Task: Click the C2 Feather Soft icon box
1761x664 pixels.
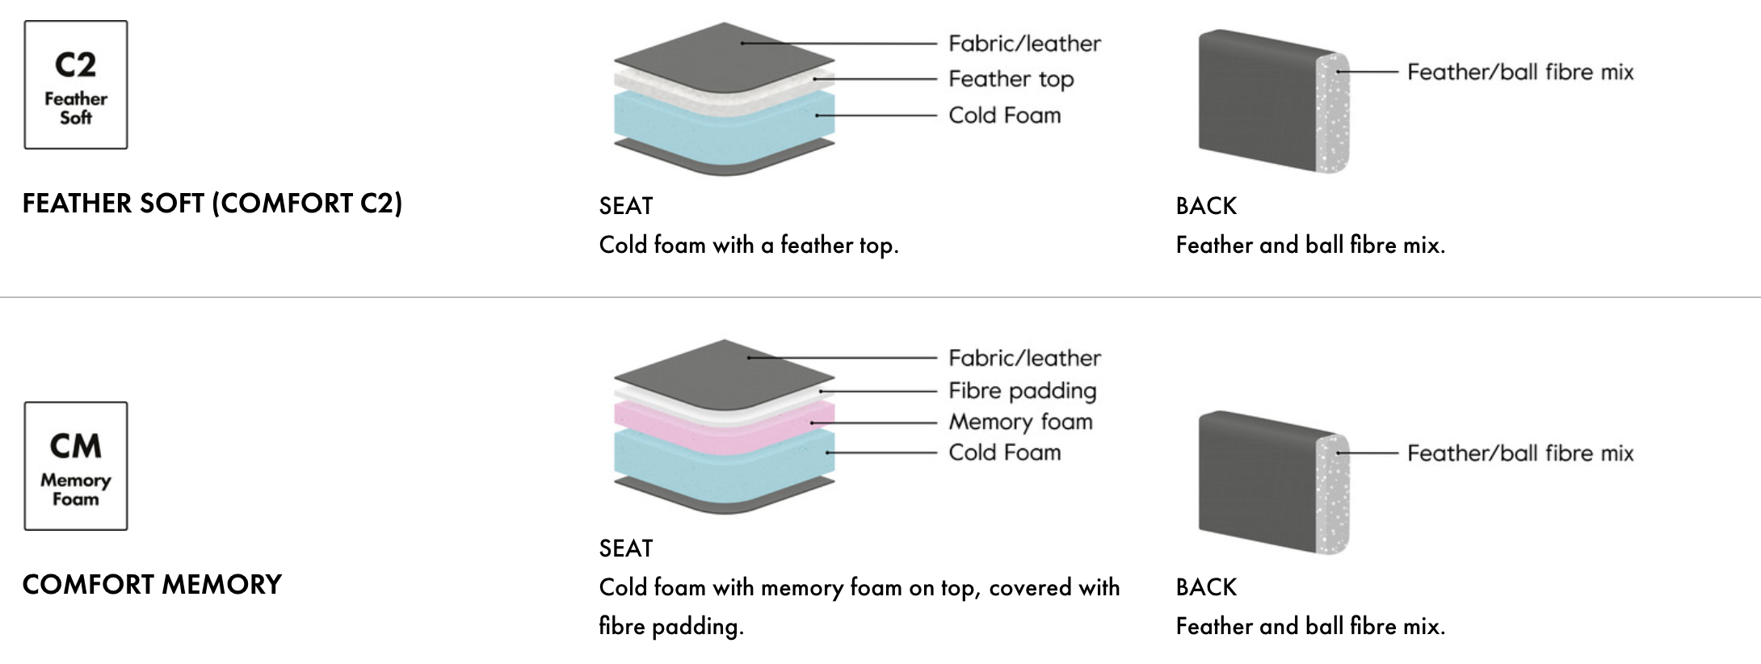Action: (x=76, y=85)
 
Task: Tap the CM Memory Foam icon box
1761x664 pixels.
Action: (x=76, y=466)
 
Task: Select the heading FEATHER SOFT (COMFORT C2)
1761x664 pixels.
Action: (x=212, y=203)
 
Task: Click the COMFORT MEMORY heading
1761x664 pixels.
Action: (x=152, y=584)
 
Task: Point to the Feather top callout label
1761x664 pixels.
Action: (x=1011, y=79)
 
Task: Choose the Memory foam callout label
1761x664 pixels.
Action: (x=1020, y=422)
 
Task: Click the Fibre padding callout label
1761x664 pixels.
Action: (x=1022, y=391)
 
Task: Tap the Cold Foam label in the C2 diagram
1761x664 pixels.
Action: (x=1004, y=116)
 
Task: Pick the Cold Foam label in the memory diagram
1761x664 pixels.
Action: (x=1004, y=452)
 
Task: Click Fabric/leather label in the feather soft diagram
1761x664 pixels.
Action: (x=1024, y=44)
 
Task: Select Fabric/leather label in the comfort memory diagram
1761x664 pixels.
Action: (x=1024, y=358)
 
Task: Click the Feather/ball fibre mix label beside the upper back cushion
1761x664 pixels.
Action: (x=1519, y=72)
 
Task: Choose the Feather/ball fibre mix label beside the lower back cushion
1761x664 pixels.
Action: (x=1519, y=453)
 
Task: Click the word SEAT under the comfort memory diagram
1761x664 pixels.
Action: (x=626, y=548)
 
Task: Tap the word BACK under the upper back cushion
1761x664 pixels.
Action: (x=1206, y=206)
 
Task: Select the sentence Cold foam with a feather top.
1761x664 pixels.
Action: (x=748, y=245)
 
